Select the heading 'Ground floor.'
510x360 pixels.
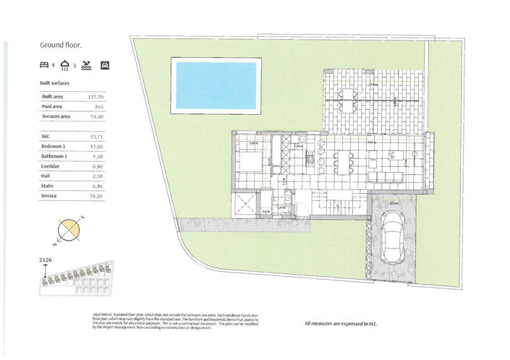tap(61, 45)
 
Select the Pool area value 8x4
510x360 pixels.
tap(99, 106)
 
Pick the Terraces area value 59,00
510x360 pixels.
tap(95, 116)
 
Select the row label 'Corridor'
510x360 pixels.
tap(51, 166)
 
